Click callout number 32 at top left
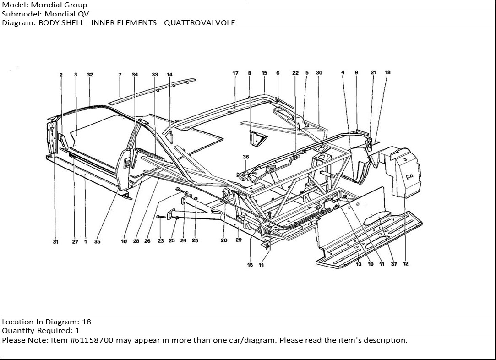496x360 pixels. (90, 75)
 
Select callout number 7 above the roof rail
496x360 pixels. (120, 75)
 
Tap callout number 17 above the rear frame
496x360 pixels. (236, 73)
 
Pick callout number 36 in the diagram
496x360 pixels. (246, 157)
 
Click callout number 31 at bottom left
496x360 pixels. (55, 242)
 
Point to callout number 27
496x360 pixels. (75, 242)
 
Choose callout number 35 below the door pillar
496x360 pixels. (97, 242)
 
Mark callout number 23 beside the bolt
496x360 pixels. (160, 240)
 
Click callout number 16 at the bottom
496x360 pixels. (250, 265)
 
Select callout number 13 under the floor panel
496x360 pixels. (359, 264)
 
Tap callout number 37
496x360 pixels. (394, 264)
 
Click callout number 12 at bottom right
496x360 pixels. (405, 264)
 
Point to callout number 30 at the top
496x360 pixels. (319, 73)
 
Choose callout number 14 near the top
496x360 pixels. (169, 75)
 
